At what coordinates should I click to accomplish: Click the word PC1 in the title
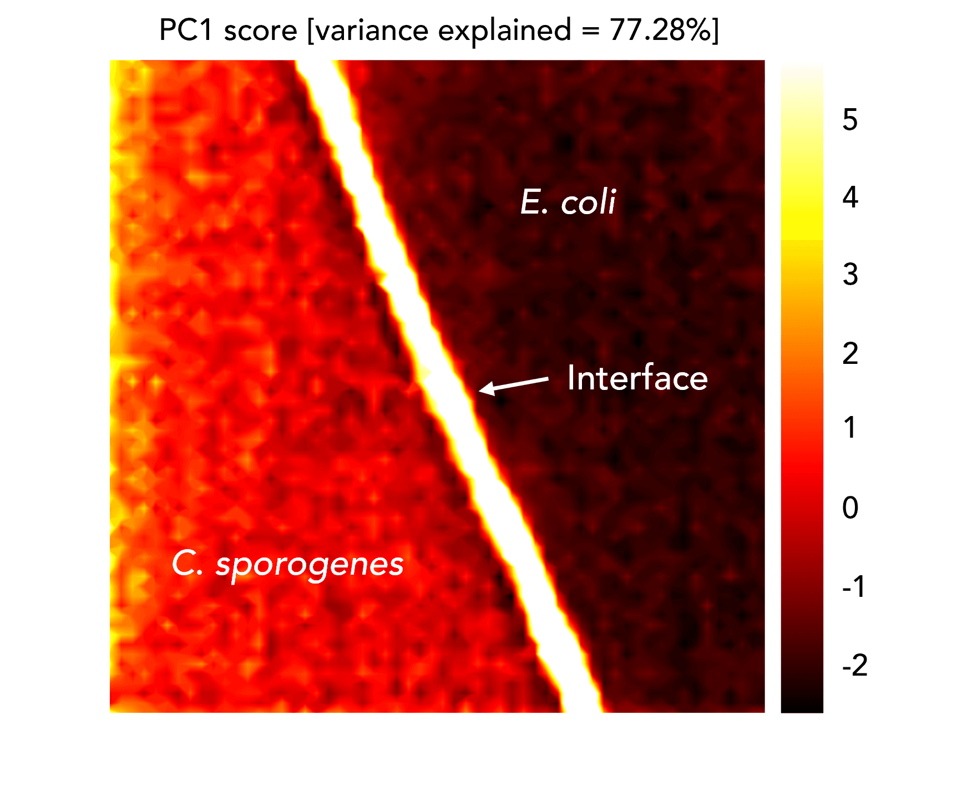tap(186, 30)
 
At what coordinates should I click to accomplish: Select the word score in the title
tap(261, 31)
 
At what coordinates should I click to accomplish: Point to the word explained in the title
tap(504, 30)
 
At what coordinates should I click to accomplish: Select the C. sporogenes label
tap(287, 565)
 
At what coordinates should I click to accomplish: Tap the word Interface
tap(637, 378)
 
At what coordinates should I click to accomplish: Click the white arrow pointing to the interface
tap(514, 384)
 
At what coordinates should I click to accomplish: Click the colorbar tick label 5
tap(849, 120)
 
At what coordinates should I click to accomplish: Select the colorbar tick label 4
tap(850, 197)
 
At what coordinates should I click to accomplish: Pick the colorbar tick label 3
tap(850, 275)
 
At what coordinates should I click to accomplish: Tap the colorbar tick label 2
tap(850, 353)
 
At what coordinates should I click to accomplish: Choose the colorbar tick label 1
tap(850, 428)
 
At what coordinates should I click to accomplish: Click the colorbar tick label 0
tap(850, 508)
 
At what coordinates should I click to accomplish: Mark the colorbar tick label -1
tap(854, 586)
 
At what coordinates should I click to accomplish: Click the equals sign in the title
tap(590, 31)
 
